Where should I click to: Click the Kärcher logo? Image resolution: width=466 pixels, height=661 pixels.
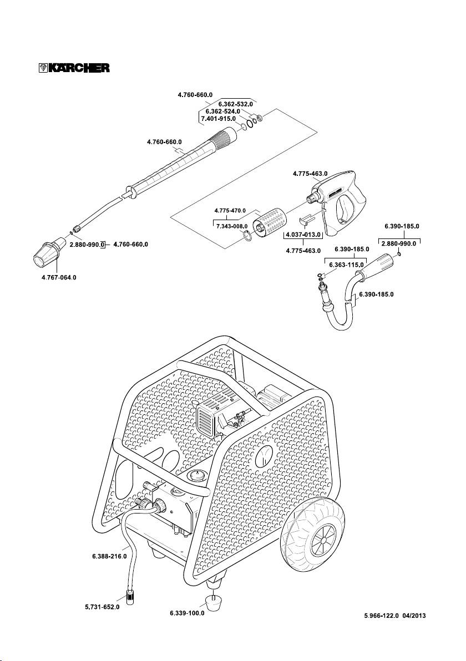[x=70, y=68]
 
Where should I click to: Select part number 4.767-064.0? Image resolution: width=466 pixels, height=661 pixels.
[x=55, y=277]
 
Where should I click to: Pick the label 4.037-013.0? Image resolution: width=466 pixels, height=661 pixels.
[x=304, y=235]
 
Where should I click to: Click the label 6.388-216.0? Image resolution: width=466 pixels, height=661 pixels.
[x=110, y=555]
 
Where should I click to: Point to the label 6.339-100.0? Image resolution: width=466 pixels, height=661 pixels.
[x=187, y=613]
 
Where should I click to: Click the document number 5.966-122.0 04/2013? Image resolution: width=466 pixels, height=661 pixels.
[x=395, y=615]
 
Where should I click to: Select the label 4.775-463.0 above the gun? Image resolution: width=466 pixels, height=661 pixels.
[x=310, y=174]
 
